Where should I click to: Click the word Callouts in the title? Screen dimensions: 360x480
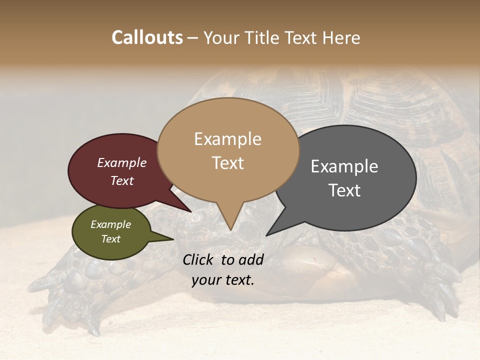pyautogui.click(x=147, y=37)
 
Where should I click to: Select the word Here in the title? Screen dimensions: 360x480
pyautogui.click(x=341, y=37)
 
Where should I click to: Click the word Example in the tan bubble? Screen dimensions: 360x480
pyautogui.click(x=227, y=139)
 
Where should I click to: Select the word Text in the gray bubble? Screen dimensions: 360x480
pyautogui.click(x=344, y=190)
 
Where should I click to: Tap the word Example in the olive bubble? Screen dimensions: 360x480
pyautogui.click(x=110, y=224)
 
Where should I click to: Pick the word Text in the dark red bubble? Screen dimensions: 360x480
pyautogui.click(x=122, y=180)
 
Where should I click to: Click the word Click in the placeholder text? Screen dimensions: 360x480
pyautogui.click(x=198, y=259)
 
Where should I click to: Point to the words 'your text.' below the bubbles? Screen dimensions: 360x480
pyautogui.click(x=222, y=280)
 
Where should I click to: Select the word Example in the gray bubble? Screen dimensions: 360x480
pyautogui.click(x=344, y=166)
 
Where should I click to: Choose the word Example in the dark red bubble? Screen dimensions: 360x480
pyautogui.click(x=122, y=162)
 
